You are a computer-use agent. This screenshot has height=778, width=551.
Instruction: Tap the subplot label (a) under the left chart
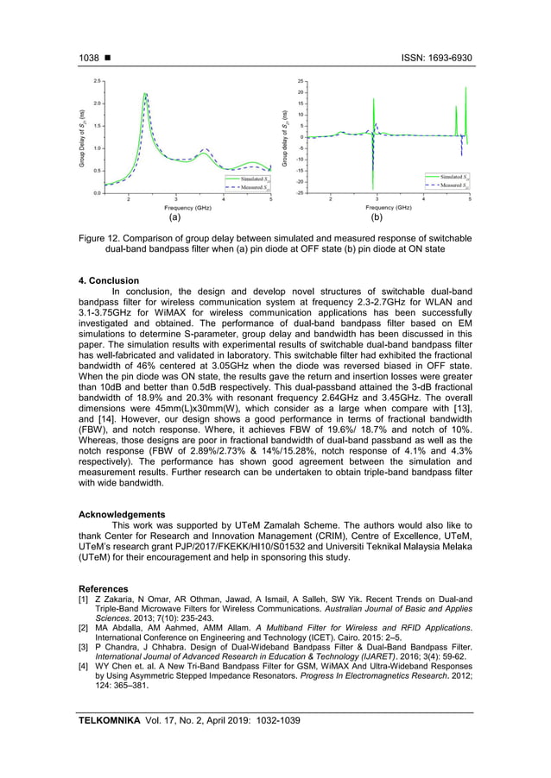tap(175, 219)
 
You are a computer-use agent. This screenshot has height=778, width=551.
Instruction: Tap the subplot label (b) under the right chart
tap(377, 219)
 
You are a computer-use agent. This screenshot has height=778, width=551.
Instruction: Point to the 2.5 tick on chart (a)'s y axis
tap(98, 80)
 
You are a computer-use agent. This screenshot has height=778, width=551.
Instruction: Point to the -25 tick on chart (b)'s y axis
tap(299, 193)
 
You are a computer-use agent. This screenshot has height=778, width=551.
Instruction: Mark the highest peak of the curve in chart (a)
tap(145, 94)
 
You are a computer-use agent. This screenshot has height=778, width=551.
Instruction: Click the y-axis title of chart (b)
tap(284, 136)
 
